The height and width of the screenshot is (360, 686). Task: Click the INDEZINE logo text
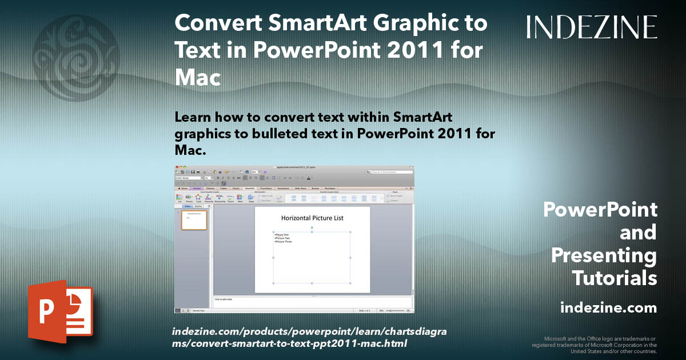(592, 27)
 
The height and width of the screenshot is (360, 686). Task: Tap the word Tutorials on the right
(614, 278)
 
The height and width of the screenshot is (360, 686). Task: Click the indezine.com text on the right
(608, 308)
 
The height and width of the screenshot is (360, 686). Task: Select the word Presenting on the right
(604, 255)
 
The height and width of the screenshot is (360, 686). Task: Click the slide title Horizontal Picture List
(312, 218)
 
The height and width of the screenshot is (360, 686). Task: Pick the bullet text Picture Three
(284, 242)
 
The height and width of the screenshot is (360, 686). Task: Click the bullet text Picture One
(282, 234)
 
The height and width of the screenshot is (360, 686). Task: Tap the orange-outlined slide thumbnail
(194, 220)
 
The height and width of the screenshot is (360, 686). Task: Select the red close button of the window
(177, 167)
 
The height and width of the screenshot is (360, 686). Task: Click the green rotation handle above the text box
(312, 227)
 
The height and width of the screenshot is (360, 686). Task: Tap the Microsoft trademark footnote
(595, 345)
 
